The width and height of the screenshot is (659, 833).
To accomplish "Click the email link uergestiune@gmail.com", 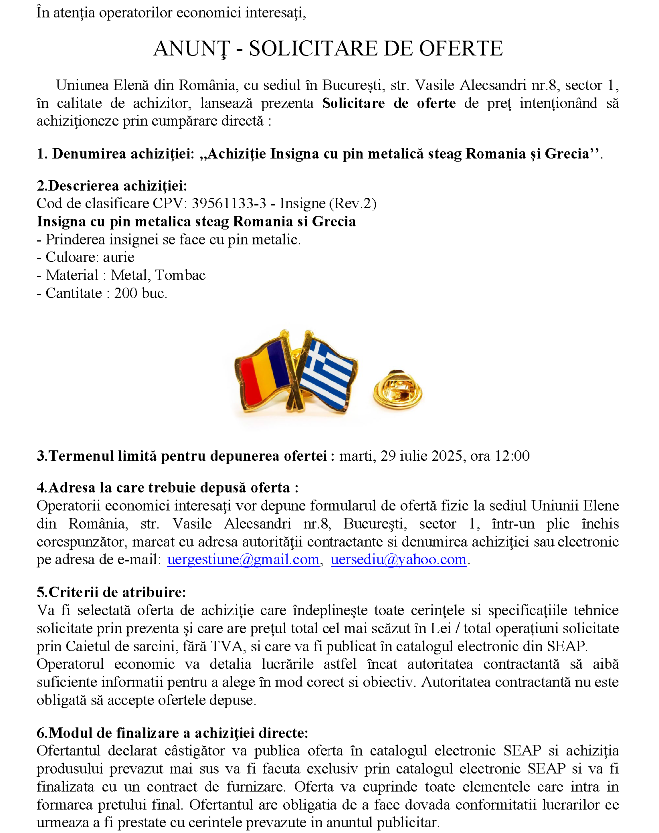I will [x=243, y=559].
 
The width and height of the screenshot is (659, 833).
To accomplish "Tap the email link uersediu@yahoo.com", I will [x=398, y=559].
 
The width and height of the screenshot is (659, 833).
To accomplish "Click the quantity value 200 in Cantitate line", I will [x=126, y=293].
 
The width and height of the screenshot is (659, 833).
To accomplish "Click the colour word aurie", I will [x=119, y=257].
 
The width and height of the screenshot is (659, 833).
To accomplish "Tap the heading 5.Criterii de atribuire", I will [x=111, y=592].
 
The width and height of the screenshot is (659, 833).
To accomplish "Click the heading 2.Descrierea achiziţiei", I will [x=112, y=186].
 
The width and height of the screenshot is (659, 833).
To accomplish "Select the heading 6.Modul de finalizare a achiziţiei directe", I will [x=172, y=733].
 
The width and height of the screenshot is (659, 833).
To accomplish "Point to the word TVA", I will [x=228, y=646].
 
